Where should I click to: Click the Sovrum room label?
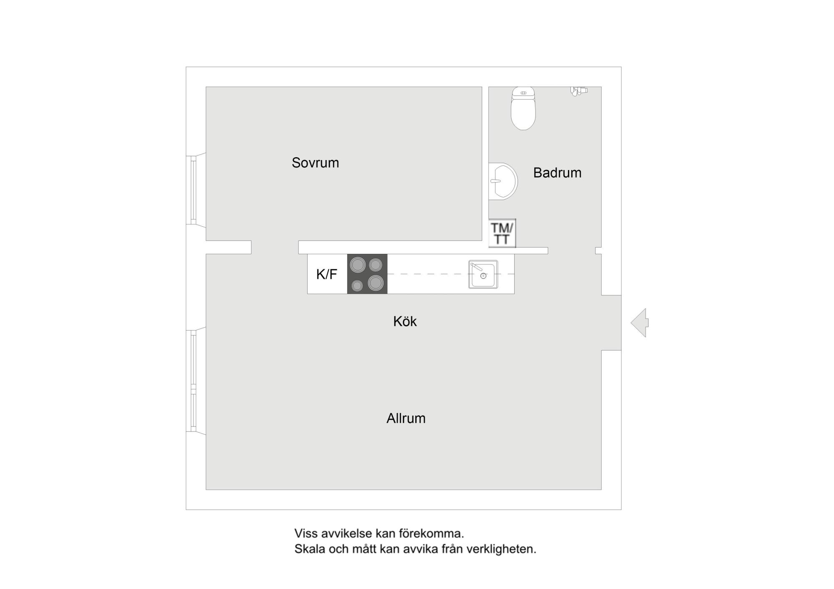coord(315,163)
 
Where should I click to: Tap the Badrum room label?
coord(557,173)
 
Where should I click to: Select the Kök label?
coord(405,321)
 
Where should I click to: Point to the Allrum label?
coord(406,418)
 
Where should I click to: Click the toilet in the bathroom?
coord(523,108)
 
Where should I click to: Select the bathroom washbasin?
coord(503,181)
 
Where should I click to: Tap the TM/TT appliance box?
coord(502,233)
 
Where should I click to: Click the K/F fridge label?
coord(327,274)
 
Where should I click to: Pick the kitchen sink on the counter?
coord(483,274)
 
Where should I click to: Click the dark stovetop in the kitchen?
coord(367,274)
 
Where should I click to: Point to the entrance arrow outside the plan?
coord(640,323)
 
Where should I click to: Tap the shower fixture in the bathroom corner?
coord(579,91)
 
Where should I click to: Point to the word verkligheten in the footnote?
coord(501,549)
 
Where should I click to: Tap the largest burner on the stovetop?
coord(376,283)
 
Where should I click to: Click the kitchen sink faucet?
coord(476,267)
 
